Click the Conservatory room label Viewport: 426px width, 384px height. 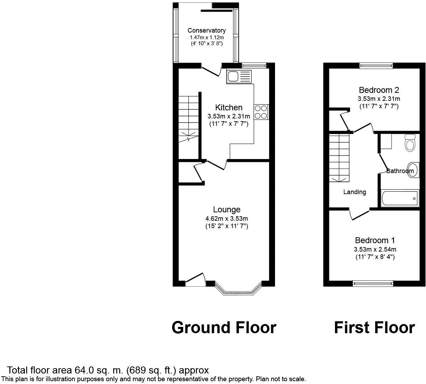point(206,30)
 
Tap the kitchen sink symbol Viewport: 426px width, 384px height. point(239,76)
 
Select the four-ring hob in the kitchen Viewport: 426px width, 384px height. point(261,112)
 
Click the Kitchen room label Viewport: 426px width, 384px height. point(228,108)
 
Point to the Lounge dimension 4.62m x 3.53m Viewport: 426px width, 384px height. point(226,219)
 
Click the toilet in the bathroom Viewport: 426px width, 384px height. point(409,143)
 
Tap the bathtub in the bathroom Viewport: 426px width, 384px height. point(399,198)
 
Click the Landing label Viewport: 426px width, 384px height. point(355,192)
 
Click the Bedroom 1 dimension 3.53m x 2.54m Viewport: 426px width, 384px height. point(375,249)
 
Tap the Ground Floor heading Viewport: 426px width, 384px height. point(224,328)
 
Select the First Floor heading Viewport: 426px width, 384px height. point(374,328)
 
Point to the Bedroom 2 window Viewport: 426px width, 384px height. point(376,65)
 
